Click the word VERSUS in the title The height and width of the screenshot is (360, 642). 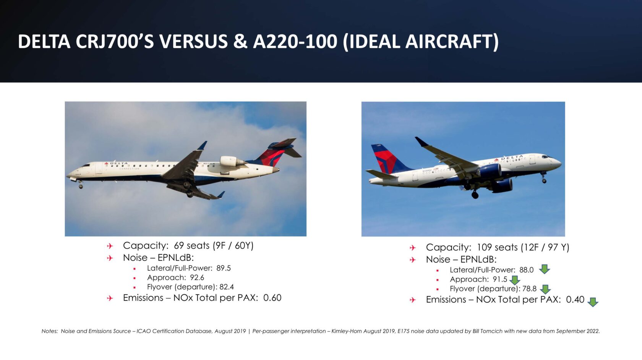[193, 42]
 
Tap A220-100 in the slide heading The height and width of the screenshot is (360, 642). [295, 42]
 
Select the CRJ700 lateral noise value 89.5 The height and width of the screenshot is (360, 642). [224, 268]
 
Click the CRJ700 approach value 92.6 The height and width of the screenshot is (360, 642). [197, 277]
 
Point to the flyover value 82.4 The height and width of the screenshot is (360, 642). [227, 287]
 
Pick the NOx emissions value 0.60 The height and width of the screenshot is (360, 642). [272, 298]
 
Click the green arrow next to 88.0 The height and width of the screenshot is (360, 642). [544, 269]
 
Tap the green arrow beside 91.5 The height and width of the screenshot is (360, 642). [515, 280]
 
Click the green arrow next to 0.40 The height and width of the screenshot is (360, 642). [593, 302]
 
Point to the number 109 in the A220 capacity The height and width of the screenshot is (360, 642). [485, 247]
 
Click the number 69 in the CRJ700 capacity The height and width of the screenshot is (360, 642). [179, 246]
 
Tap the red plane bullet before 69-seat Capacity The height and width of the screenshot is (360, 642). [110, 246]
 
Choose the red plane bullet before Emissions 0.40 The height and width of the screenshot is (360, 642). [413, 300]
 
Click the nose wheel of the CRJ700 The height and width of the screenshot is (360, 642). [81, 186]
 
